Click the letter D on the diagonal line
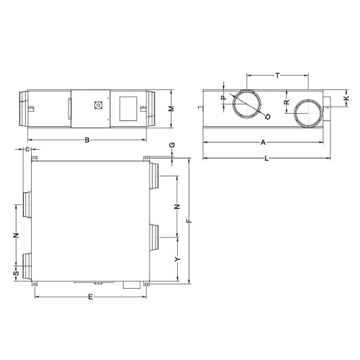click(x=268, y=116)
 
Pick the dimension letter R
click(x=287, y=103)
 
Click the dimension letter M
click(x=171, y=108)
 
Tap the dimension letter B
click(x=87, y=140)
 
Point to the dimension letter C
click(x=27, y=149)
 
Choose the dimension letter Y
click(x=176, y=258)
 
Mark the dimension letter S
click(x=16, y=274)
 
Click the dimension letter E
click(x=90, y=296)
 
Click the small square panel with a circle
click(x=98, y=107)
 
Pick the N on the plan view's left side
click(x=16, y=235)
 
